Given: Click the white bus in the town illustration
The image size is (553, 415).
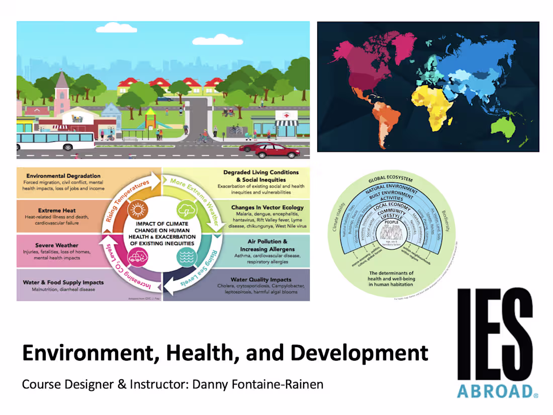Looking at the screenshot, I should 55,141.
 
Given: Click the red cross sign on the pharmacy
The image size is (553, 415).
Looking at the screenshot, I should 293,116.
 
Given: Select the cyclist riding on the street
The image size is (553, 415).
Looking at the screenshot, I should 204,137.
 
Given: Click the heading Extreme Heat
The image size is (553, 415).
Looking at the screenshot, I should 56,210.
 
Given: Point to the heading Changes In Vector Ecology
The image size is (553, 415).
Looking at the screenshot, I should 267,207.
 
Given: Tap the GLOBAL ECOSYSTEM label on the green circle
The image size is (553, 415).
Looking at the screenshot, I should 391,179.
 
